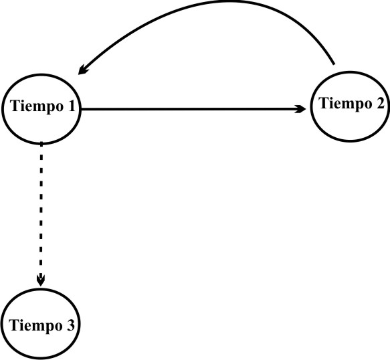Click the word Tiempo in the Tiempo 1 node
point(37,107)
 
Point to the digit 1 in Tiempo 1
point(71,106)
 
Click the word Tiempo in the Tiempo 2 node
point(345,104)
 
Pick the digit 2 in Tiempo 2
point(380,103)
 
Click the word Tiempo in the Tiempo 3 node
point(35,326)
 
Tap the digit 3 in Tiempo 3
point(70,325)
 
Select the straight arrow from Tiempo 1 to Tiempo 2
point(193,109)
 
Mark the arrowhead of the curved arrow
point(82,70)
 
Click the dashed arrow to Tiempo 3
point(41,214)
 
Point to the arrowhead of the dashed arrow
point(41,280)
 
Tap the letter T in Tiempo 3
point(13,325)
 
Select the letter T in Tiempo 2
point(324,103)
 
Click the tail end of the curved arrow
point(334,64)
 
